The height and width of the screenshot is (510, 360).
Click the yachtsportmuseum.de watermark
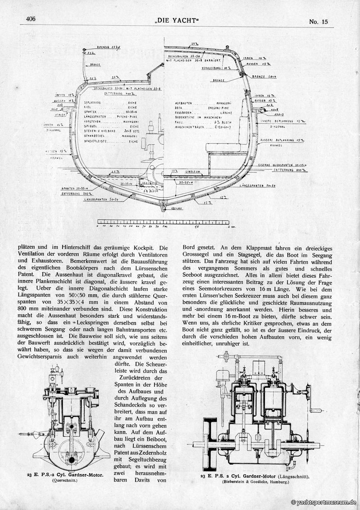tap(324, 502)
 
